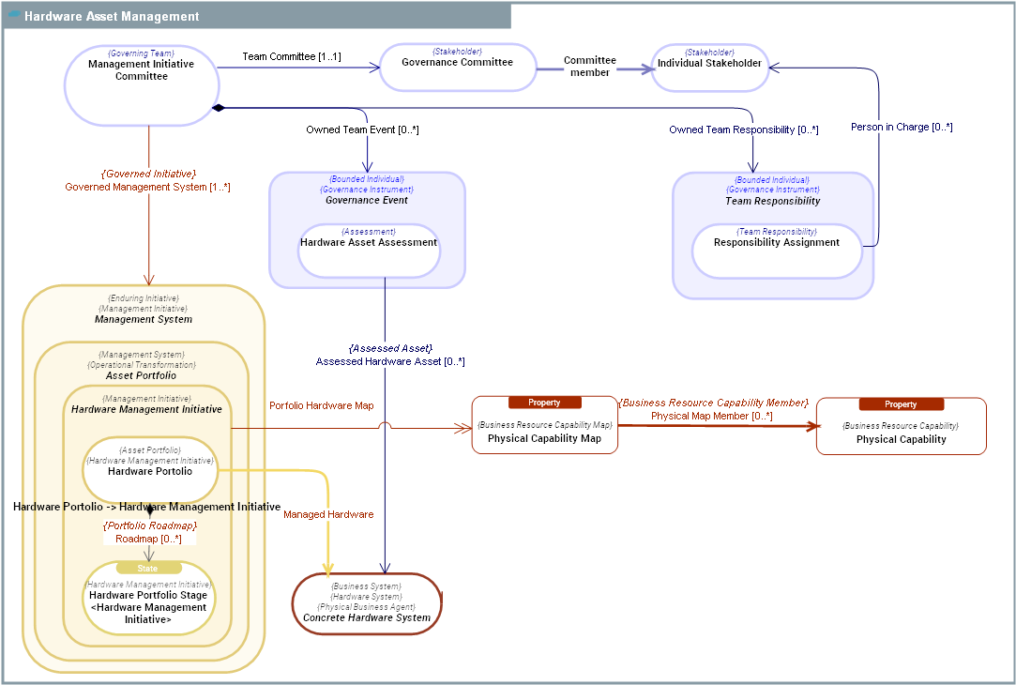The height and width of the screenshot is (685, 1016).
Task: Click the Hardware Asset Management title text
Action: pos(112,16)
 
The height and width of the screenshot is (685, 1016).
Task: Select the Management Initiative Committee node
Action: pos(142,84)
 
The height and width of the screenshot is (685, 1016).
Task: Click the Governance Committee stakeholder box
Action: pos(457,68)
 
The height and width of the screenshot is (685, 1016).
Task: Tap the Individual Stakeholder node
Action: pos(709,68)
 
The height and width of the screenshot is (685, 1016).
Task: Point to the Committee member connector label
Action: pos(590,67)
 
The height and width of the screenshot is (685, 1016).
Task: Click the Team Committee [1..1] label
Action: pos(292,57)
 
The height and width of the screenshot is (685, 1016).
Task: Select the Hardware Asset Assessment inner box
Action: pos(369,250)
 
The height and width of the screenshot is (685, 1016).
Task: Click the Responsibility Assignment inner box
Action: pos(776,251)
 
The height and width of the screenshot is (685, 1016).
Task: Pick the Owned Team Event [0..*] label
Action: pos(362,130)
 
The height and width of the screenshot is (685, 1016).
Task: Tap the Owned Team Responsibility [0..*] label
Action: pos(743,130)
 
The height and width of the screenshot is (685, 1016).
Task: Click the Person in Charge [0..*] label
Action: pos(902,127)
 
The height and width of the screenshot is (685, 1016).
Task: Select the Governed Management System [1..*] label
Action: pos(147,188)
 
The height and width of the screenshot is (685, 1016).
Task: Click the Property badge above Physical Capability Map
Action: pos(544,403)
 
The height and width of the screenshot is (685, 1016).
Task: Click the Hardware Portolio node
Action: pos(150,469)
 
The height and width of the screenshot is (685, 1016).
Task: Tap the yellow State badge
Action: pos(148,569)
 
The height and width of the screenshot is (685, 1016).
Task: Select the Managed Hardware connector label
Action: pos(328,514)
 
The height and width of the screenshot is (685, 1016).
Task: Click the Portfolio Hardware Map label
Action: pos(321,406)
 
